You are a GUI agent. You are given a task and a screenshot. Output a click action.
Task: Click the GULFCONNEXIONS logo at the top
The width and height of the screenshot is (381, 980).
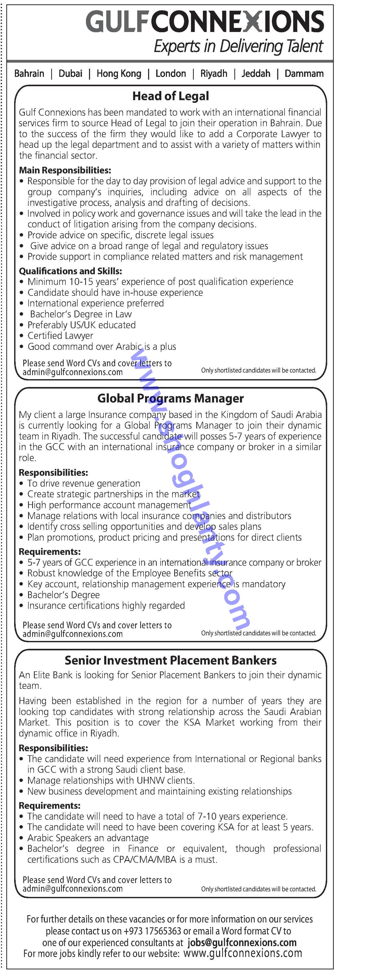[205, 22]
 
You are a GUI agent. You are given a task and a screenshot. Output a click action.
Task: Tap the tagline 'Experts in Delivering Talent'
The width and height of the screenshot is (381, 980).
[238, 46]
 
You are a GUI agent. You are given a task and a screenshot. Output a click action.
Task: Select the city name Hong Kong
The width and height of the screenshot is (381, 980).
[119, 73]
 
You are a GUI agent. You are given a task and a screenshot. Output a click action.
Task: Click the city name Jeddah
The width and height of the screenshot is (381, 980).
[256, 73]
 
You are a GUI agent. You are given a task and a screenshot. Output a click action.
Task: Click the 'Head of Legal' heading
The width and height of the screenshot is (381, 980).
[170, 96]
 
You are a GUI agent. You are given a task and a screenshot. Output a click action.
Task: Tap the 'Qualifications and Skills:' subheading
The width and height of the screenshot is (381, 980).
[71, 271]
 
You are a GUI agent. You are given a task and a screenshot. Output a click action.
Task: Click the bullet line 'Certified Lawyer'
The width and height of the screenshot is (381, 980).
[60, 336]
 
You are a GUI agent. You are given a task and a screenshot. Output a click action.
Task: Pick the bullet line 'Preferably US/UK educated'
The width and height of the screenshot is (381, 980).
[81, 325]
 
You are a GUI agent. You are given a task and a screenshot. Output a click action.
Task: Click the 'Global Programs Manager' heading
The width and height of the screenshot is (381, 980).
[170, 398]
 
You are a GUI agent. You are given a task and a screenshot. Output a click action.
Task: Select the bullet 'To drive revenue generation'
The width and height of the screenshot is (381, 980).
[84, 483]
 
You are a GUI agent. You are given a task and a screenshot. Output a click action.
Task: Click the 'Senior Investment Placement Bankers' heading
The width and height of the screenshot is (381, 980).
[170, 660]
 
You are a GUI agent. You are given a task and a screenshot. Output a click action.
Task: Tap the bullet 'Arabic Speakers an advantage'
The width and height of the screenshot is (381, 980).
[88, 838]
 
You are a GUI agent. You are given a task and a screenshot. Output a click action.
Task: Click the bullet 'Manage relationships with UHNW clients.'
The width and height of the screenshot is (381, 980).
[111, 780]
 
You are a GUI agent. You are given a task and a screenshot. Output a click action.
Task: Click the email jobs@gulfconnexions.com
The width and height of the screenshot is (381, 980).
[242, 942]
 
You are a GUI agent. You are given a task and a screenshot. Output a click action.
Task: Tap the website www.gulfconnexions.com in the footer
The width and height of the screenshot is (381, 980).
[243, 953]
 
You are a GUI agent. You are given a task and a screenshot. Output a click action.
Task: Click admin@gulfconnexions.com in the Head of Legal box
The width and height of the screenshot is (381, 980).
[73, 372]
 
